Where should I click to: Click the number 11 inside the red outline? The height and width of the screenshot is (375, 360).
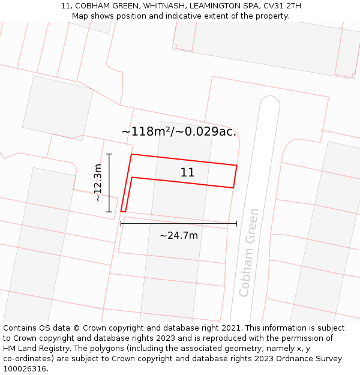(187, 173)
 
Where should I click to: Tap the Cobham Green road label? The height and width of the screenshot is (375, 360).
(249, 252)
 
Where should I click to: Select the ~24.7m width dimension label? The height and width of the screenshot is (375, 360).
(179, 236)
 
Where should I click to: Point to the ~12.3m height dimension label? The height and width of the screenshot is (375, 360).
(98, 182)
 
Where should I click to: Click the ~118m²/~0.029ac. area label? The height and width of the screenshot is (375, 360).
(179, 131)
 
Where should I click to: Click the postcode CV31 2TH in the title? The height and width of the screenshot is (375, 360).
(282, 6)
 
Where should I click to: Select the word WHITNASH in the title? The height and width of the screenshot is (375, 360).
(162, 6)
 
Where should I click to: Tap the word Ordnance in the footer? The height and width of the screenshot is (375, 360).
(300, 359)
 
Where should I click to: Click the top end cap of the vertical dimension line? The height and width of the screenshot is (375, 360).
(109, 154)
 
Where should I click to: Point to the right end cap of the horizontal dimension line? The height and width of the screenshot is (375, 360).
(236, 223)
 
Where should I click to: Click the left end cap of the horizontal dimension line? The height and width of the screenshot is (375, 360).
(121, 223)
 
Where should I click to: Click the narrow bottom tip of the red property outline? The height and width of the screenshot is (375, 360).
(123, 211)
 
